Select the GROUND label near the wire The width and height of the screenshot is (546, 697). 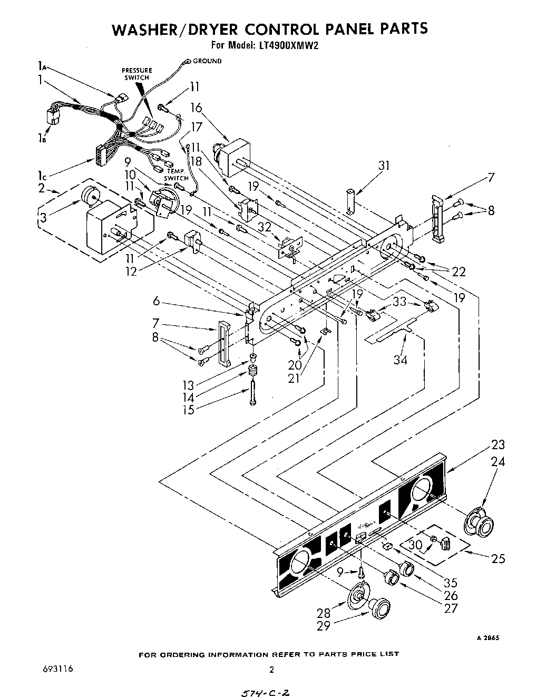207,61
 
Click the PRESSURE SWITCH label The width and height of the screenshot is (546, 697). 137,74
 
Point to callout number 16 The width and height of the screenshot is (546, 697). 196,108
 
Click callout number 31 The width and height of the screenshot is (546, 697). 384,166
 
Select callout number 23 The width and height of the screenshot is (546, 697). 498,444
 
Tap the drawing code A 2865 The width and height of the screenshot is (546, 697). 488,637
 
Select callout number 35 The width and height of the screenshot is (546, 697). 451,583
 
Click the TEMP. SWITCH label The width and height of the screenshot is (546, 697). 177,175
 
